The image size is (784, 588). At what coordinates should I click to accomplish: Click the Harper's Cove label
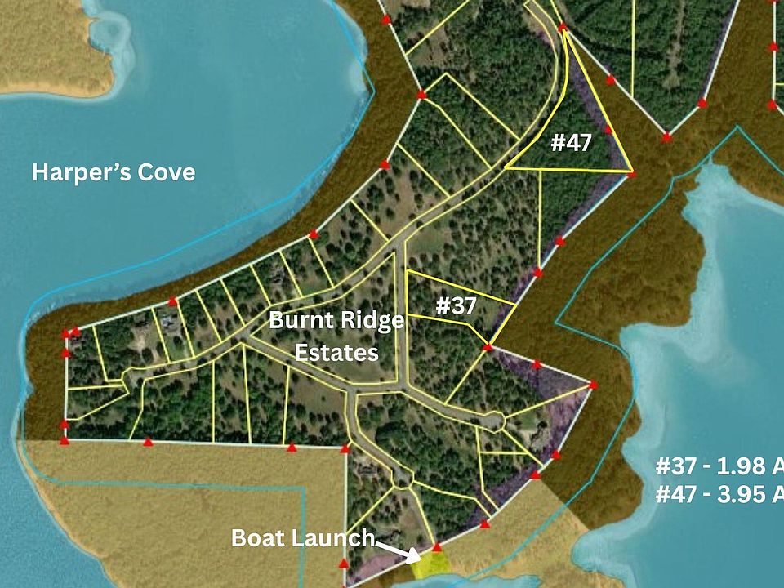tap(114, 172)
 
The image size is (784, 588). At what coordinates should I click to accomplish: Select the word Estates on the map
tap(336, 353)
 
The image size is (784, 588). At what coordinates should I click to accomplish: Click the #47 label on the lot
tap(571, 142)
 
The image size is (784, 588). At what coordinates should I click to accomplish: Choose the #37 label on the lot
tap(456, 305)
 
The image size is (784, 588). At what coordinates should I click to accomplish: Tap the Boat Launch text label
tap(303, 538)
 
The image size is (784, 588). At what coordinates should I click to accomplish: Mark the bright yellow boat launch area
tap(431, 565)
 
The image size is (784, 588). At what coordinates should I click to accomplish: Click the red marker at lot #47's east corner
tap(631, 173)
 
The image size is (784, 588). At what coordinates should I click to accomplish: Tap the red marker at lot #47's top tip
tap(563, 29)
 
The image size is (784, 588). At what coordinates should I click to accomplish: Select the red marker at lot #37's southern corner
tap(488, 348)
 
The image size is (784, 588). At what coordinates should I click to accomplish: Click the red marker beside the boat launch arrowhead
tap(437, 547)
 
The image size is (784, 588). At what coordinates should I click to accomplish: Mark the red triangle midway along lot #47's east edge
tap(608, 129)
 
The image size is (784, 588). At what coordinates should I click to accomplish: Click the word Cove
tap(166, 172)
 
